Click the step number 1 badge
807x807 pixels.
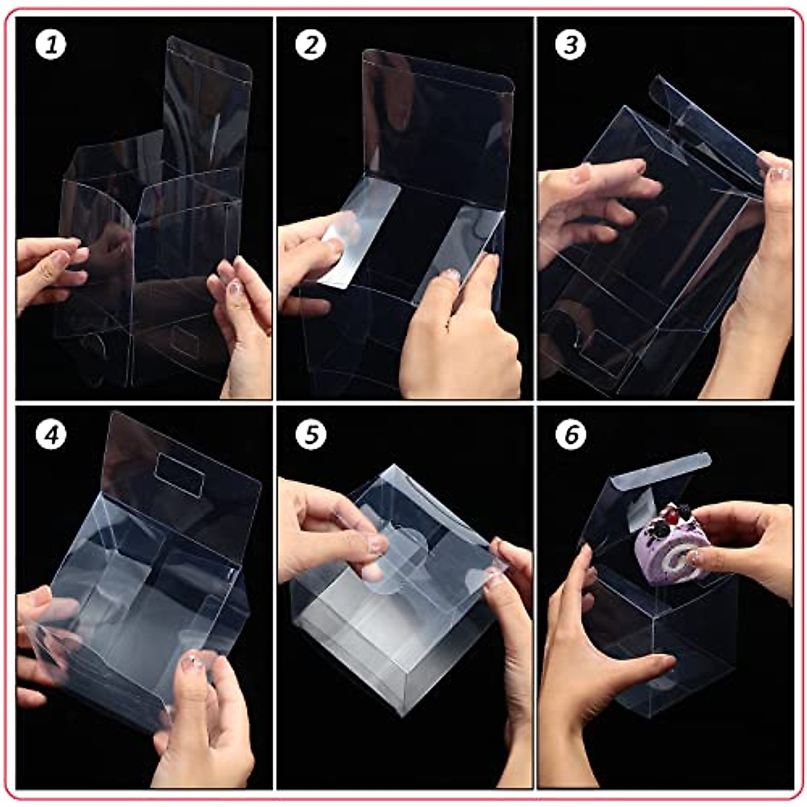click(50, 45)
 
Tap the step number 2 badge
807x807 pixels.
click(311, 45)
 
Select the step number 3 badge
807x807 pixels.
click(571, 45)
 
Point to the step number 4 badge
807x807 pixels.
click(50, 435)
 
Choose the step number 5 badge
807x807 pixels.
click(311, 435)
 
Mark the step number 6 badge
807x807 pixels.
click(571, 435)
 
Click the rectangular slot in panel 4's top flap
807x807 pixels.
click(180, 475)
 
